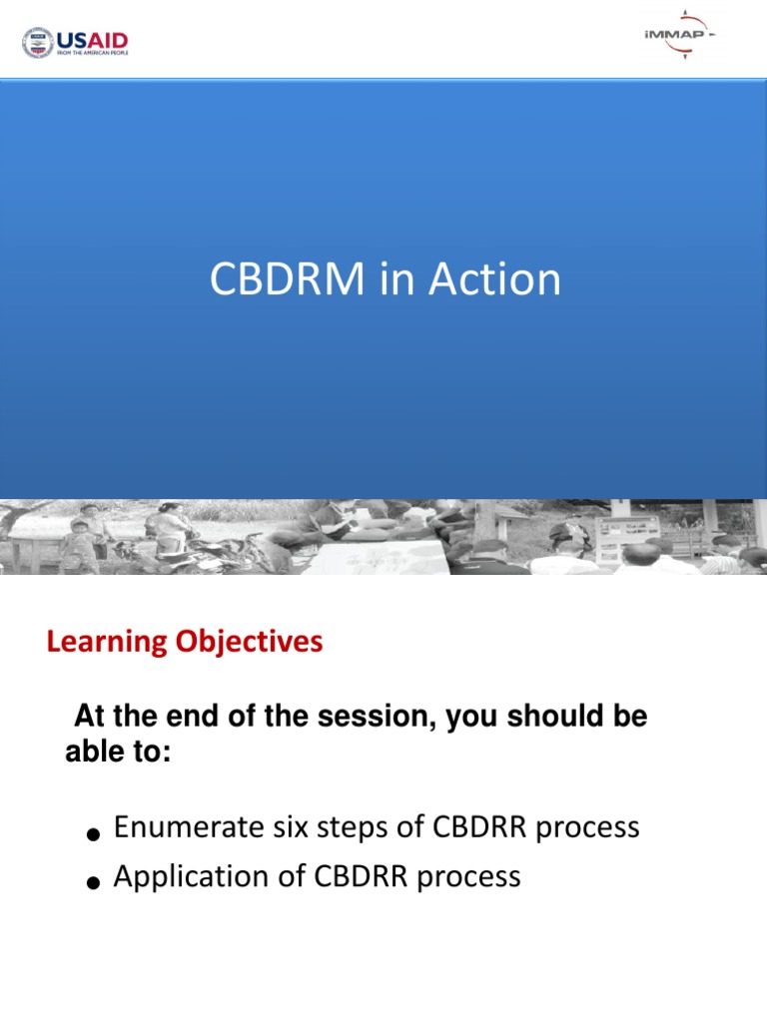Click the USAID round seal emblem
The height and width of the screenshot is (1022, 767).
[38, 42]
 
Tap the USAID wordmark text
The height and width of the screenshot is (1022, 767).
[92, 39]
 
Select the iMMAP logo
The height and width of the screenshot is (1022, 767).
[679, 35]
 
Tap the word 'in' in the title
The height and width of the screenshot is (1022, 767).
[397, 279]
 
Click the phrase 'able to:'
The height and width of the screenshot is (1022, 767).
[118, 754]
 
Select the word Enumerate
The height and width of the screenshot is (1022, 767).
[183, 827]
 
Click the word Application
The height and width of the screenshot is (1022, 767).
[188, 876]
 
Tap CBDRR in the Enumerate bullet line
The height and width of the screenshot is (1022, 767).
[478, 827]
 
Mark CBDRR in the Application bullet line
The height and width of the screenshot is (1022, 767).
[360, 876]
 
